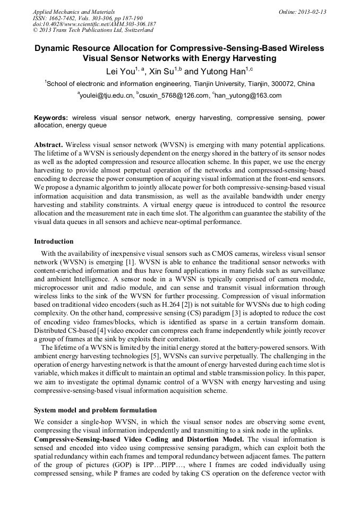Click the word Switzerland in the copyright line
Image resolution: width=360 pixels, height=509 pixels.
point(136,30)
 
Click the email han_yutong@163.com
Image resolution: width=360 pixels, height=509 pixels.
point(248,96)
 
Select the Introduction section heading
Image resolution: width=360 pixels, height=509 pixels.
point(54,241)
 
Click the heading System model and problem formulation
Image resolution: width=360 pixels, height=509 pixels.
point(95,410)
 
